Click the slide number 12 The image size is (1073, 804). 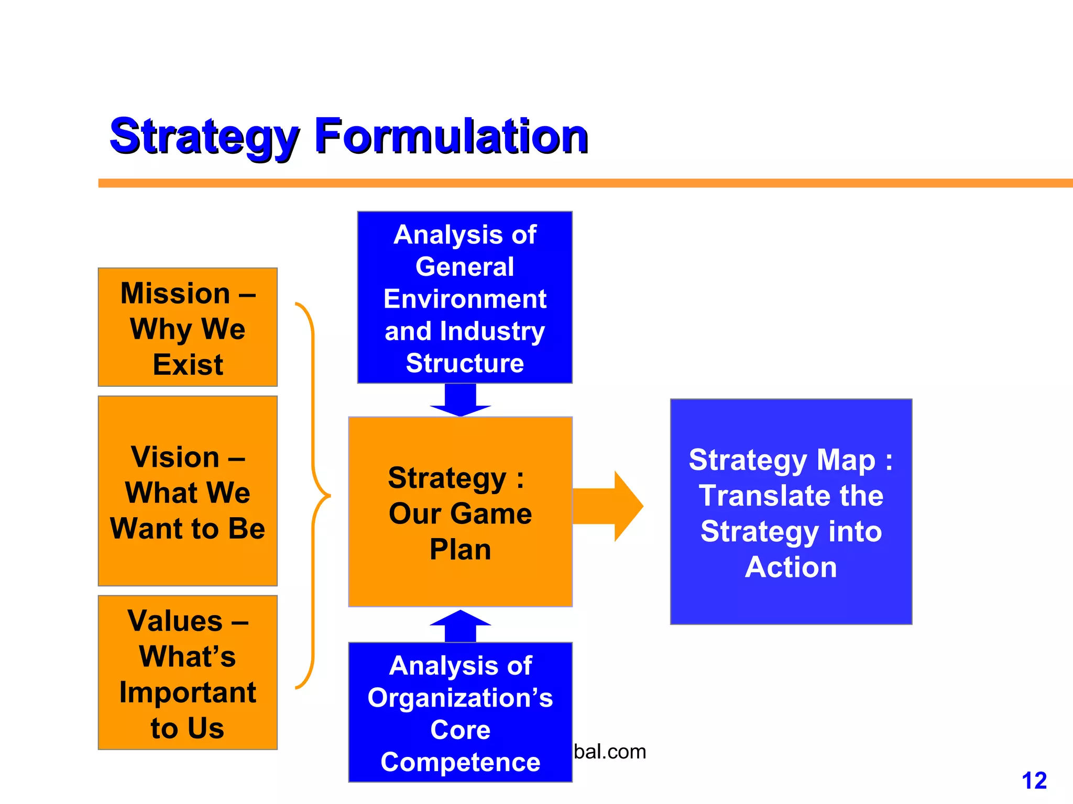click(1034, 781)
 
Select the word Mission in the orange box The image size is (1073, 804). click(175, 293)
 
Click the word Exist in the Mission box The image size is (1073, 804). click(188, 365)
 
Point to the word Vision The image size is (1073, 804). click(175, 457)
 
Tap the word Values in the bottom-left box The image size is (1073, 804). click(175, 621)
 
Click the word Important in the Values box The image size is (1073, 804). click(188, 693)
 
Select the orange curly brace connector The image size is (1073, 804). click(314, 495)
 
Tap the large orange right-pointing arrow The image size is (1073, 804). click(608, 506)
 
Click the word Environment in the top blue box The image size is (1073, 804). click(465, 299)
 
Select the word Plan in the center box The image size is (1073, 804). click(460, 550)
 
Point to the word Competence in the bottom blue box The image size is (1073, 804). click(460, 762)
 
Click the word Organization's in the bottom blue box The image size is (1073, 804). click(460, 698)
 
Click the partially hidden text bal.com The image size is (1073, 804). click(610, 752)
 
